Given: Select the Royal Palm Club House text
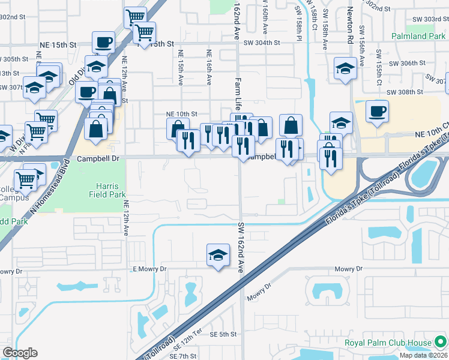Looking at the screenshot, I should (388, 343).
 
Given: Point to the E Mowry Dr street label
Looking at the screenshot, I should (149, 269).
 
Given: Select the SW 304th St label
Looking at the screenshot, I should (262, 43).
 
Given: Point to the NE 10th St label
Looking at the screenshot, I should (181, 113).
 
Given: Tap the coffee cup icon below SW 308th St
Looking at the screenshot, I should (377, 111).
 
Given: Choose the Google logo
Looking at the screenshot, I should (19, 353).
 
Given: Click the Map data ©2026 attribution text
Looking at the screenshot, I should (423, 355).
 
